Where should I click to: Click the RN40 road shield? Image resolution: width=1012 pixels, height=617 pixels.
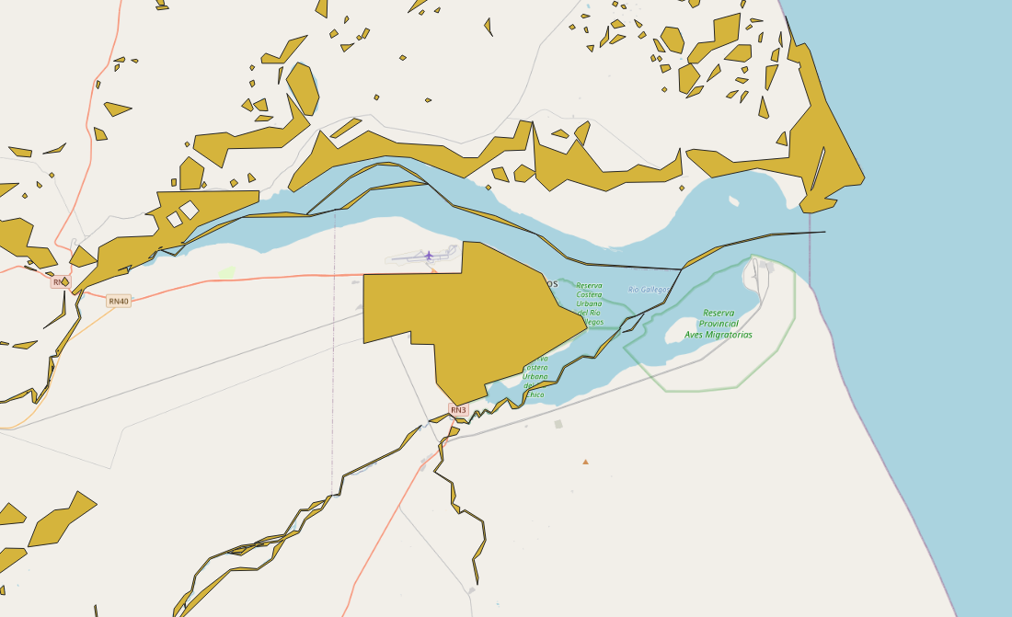pyautogui.click(x=119, y=301)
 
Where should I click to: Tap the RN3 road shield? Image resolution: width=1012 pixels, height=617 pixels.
pyautogui.click(x=458, y=409)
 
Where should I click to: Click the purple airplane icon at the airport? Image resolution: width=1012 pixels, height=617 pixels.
pyautogui.click(x=429, y=256)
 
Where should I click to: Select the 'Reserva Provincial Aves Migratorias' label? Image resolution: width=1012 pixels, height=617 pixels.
pyautogui.click(x=718, y=324)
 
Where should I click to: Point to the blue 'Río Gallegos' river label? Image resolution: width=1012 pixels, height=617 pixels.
pyautogui.click(x=649, y=290)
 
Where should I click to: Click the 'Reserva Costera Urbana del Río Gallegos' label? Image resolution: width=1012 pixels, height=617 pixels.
pyautogui.click(x=589, y=303)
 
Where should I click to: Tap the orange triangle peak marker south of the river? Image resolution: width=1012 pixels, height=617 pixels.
pyautogui.click(x=585, y=462)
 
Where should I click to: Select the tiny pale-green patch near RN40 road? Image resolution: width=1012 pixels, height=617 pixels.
pyautogui.click(x=226, y=272)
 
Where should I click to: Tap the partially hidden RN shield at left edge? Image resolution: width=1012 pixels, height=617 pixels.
pyautogui.click(x=59, y=282)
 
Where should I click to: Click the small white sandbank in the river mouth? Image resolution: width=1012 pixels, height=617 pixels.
pyautogui.click(x=733, y=200)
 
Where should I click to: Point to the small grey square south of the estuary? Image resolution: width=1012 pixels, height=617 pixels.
pyautogui.click(x=558, y=424)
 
